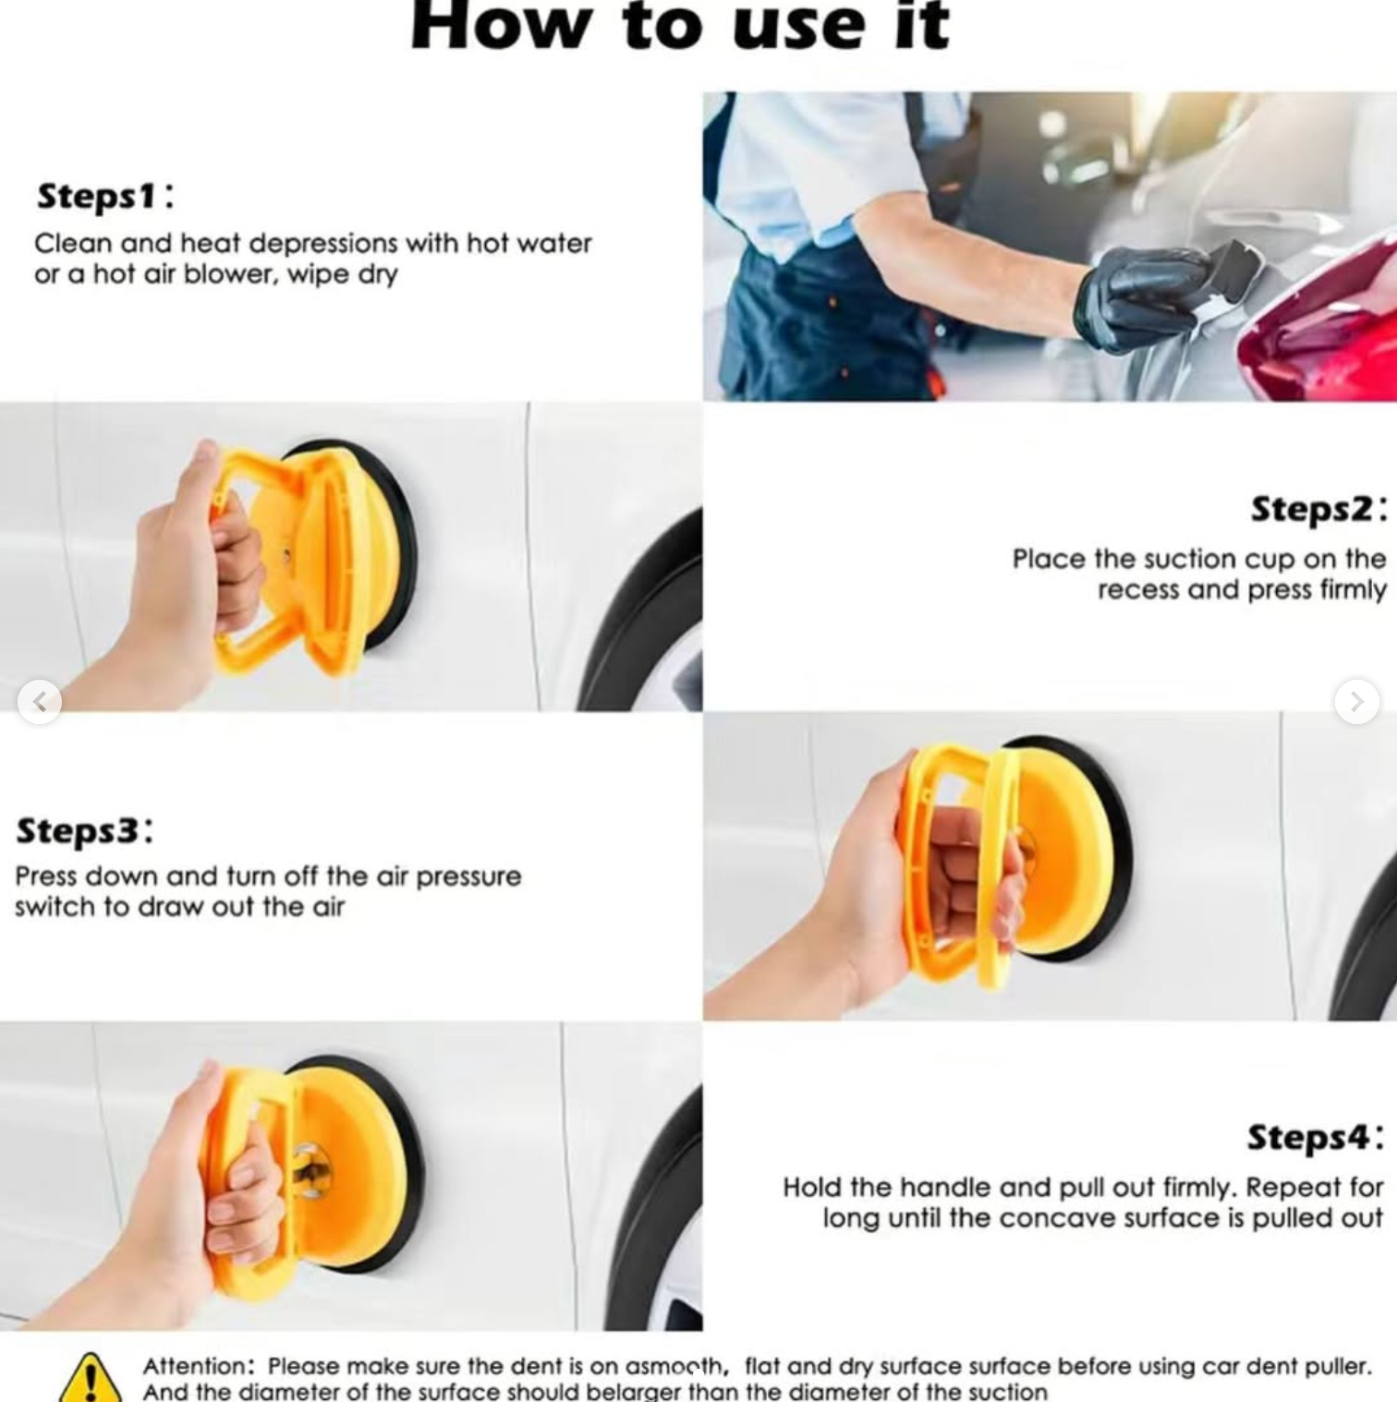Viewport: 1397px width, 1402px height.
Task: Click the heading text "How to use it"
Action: (x=680, y=26)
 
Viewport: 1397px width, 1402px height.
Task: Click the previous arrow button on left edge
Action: (x=40, y=702)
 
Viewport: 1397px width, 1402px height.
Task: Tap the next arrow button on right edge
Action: (x=1355, y=702)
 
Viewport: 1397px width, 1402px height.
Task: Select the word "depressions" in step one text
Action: (x=323, y=244)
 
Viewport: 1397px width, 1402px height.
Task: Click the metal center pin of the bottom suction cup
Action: (x=311, y=1172)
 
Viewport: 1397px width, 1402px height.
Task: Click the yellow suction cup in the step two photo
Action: (x=314, y=554)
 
